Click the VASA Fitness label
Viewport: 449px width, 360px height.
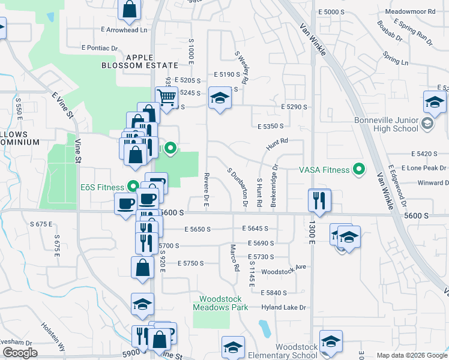[324, 170]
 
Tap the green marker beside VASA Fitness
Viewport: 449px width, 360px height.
[360, 170]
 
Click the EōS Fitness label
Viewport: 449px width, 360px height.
[102, 187]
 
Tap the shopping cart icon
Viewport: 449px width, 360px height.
[166, 96]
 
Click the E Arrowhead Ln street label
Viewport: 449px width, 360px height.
[124, 29]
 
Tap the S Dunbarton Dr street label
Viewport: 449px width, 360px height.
[238, 187]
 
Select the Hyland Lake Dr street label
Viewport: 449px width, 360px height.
[283, 307]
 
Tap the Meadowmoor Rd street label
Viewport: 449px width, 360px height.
[410, 11]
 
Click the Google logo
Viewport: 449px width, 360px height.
[20, 353]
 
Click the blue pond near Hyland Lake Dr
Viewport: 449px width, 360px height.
[264, 328]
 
